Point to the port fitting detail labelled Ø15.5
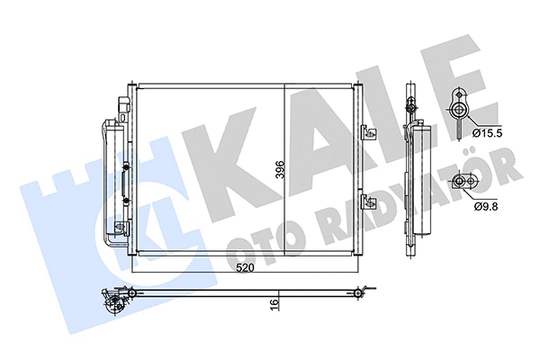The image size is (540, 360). [460, 110]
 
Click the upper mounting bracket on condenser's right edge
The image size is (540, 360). [366, 131]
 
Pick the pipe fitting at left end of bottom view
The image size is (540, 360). [112, 301]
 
